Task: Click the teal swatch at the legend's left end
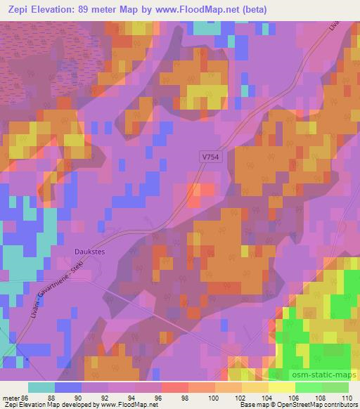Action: click(41, 387)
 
